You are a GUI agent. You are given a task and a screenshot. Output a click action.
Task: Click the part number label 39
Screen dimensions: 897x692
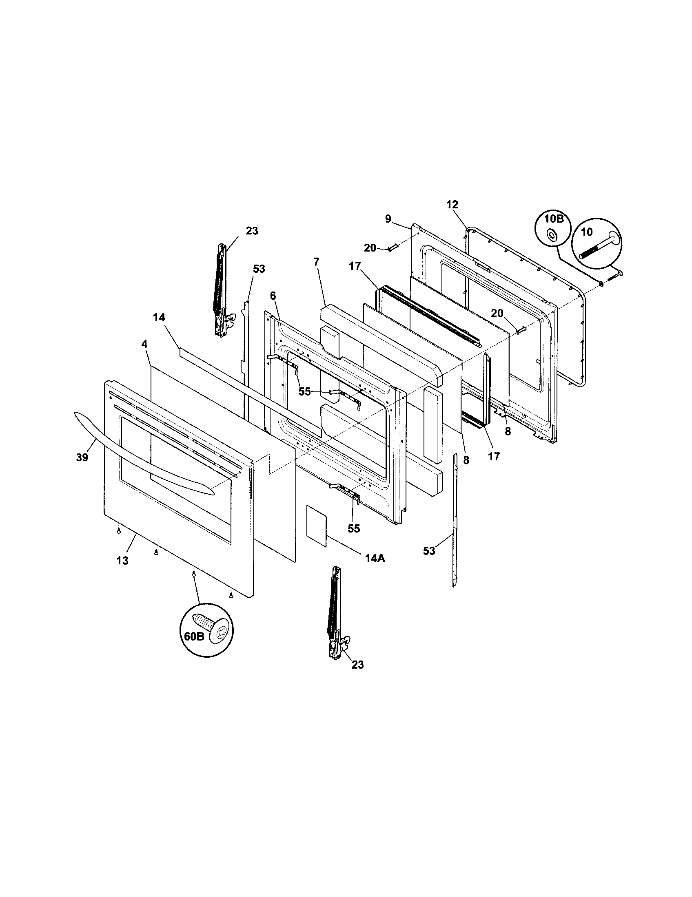pyautogui.click(x=82, y=457)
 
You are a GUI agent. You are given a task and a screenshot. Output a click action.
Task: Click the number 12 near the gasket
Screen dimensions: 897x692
pyautogui.click(x=452, y=204)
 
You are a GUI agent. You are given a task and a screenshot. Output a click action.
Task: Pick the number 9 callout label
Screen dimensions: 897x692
pyautogui.click(x=388, y=219)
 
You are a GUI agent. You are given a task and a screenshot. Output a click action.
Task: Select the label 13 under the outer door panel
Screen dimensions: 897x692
pyautogui.click(x=122, y=560)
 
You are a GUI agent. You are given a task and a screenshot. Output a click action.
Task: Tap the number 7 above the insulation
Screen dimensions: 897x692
pyautogui.click(x=316, y=262)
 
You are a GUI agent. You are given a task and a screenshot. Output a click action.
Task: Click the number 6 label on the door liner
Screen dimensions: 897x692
pyautogui.click(x=273, y=296)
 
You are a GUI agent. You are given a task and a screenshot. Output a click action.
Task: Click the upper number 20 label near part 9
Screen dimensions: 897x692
pyautogui.click(x=370, y=247)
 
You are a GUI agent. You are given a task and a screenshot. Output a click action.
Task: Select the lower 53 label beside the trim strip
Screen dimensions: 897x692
pyautogui.click(x=429, y=551)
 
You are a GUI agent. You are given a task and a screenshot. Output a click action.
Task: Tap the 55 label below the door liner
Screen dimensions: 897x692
pyautogui.click(x=354, y=528)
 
